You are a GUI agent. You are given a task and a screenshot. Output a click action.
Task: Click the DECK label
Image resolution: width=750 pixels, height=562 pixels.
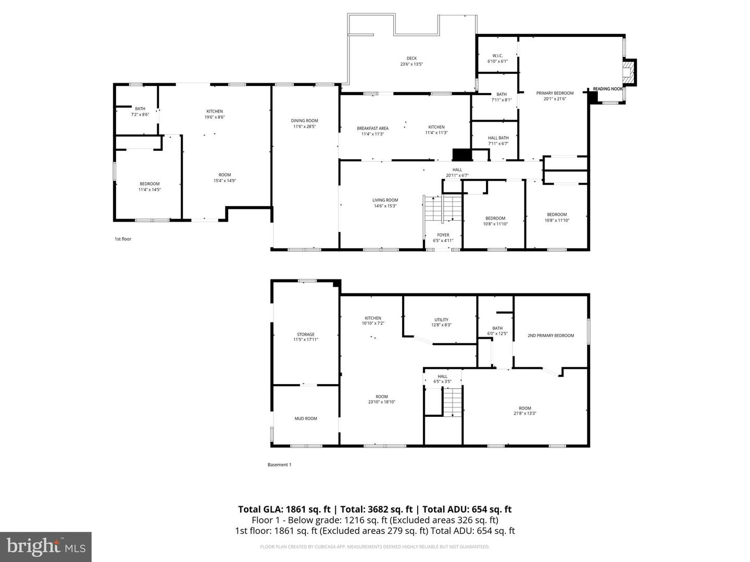tap(411, 58)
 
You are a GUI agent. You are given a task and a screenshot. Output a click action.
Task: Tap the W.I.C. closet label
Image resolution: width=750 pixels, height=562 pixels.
tap(497, 56)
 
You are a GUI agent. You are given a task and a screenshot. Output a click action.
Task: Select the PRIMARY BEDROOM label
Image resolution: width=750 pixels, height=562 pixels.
tap(555, 93)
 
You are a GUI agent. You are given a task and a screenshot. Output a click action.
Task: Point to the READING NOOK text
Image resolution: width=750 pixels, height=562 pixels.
tap(608, 89)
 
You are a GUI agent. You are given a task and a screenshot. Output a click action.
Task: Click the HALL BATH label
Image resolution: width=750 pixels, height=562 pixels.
tap(498, 138)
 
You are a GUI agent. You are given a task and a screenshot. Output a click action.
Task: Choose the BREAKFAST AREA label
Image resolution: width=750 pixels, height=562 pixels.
tap(372, 128)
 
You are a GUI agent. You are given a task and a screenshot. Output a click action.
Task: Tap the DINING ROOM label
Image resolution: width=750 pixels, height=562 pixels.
tap(304, 121)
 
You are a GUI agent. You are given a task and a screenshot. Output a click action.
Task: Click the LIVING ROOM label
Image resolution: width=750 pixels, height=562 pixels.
tap(385, 200)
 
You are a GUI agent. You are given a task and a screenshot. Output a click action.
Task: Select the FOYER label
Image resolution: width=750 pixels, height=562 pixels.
tap(443, 235)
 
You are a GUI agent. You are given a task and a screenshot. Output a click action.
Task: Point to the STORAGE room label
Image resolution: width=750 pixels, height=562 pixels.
tap(306, 335)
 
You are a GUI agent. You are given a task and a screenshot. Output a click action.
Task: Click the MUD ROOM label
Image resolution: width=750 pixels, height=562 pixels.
tap(306, 418)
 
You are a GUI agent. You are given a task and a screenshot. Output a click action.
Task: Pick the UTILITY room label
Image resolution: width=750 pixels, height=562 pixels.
tap(441, 320)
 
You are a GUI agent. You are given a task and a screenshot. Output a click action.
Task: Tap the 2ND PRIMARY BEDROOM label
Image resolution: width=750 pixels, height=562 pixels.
tap(551, 336)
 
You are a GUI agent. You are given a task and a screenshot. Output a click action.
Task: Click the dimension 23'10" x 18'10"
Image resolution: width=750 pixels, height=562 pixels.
tap(382, 402)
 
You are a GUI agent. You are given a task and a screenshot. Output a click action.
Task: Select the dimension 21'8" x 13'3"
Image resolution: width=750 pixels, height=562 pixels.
tap(524, 414)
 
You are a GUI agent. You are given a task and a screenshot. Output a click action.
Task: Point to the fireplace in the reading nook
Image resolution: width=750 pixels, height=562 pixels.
tap(631, 72)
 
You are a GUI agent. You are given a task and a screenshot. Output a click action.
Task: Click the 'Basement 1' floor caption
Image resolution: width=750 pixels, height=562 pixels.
tap(279, 465)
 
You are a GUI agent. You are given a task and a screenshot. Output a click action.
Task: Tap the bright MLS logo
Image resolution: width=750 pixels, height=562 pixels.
tap(46, 546)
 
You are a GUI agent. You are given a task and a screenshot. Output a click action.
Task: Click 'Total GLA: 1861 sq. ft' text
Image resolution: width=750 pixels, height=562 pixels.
tap(284, 509)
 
